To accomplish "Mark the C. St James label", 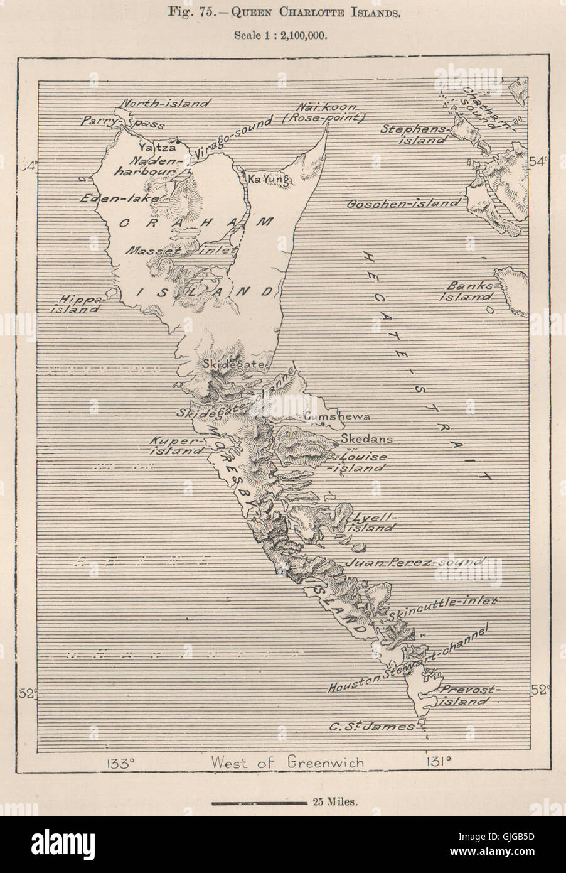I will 373,727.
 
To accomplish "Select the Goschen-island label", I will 404,203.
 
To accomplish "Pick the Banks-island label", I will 467,290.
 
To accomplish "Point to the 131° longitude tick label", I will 434,763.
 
